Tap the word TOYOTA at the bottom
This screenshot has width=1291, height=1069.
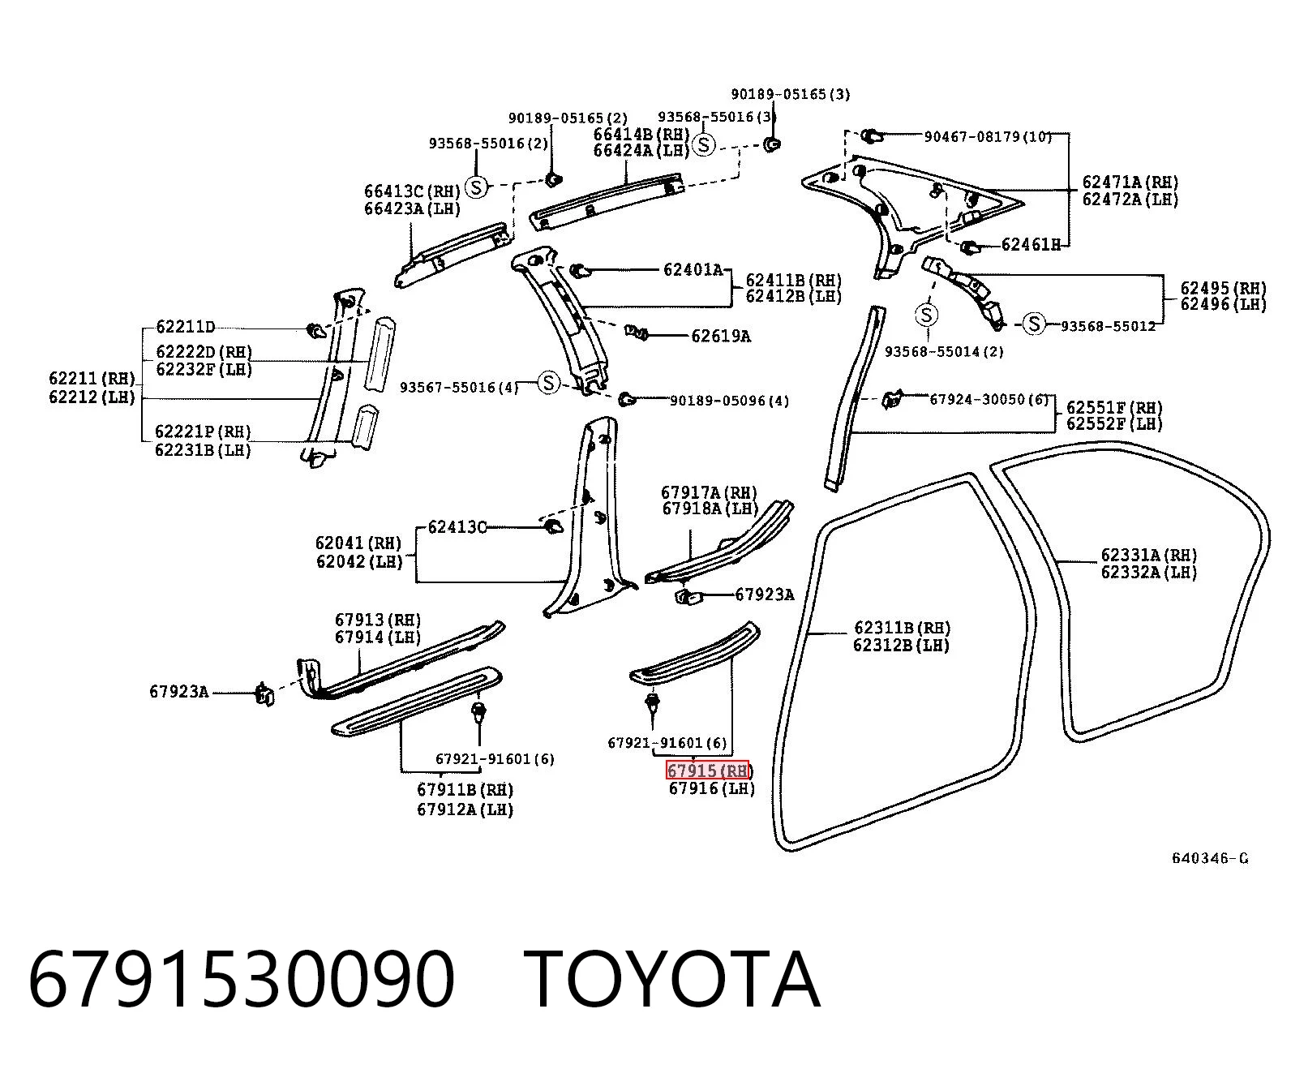coord(672,981)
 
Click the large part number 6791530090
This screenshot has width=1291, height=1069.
coord(242,981)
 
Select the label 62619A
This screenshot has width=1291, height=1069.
coord(720,336)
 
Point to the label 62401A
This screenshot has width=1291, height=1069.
coord(693,270)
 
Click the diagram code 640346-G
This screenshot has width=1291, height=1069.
coord(1209,858)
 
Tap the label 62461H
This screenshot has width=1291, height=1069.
coord(1031,245)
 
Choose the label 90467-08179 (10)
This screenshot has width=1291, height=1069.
coord(988,136)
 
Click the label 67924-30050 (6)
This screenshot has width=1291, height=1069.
coord(989,400)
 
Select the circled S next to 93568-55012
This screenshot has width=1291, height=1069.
coord(1034,324)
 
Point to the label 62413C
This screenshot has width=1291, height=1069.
coord(457,527)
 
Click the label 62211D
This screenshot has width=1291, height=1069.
coord(185,326)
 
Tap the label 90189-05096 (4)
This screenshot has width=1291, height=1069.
coord(730,401)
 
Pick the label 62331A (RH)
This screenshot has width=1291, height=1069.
coord(1149,555)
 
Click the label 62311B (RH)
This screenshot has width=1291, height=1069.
coord(902,628)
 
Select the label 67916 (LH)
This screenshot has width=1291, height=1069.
coord(712,788)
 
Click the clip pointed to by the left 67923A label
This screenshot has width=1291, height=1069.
coord(264,694)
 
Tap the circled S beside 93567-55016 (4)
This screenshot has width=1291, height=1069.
coord(548,383)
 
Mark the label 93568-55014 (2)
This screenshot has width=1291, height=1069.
coord(944,352)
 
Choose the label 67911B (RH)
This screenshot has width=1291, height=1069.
coord(465,790)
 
